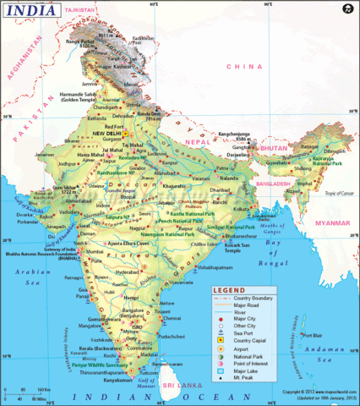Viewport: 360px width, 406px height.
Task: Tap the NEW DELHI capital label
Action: (x=107, y=133)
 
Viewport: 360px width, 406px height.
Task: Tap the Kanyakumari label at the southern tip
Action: (x=120, y=378)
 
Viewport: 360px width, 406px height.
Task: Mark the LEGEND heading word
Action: (x=228, y=290)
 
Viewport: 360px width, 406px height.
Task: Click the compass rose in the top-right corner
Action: (x=346, y=9)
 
